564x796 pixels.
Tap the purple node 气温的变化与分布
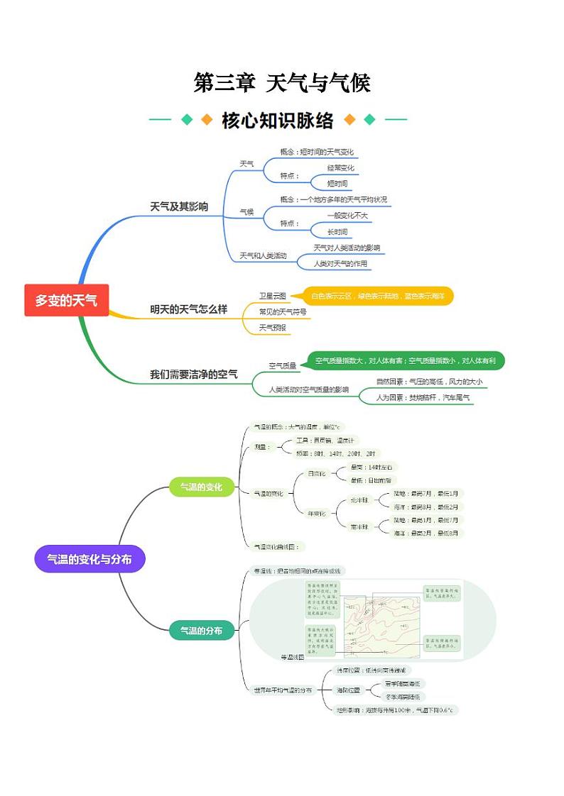pos(90,559)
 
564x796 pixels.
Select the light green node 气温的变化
pos(201,487)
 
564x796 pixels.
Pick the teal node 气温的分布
pos(201,630)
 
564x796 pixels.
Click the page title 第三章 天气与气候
pos(282,83)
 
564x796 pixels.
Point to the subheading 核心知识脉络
pos(278,120)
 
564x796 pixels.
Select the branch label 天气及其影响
pos(179,207)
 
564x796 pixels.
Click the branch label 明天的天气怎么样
pos(188,309)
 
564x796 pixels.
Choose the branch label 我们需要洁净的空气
pos(193,375)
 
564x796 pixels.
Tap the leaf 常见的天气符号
pos(283,311)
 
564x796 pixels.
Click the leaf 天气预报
pos(273,327)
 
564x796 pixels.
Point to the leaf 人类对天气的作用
pos(341,263)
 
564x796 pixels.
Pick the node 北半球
pos(360,500)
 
